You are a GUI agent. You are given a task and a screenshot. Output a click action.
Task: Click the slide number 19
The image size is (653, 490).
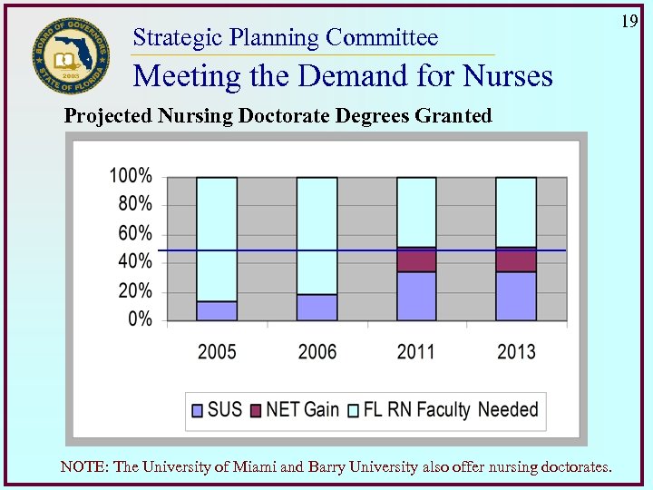630,20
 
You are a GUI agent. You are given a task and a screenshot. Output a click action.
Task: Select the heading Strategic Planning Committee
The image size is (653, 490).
285,37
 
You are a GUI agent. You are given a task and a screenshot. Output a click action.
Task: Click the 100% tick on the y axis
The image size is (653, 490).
132,175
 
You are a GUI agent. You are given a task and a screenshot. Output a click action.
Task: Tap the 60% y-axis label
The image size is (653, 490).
135,233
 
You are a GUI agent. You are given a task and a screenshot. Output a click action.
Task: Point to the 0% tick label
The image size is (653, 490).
140,319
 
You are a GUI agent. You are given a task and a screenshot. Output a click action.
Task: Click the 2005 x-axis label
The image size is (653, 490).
217,351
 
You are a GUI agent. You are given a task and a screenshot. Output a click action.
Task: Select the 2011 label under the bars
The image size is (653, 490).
416,351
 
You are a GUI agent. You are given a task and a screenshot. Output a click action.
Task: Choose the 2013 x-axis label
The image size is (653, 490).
516,351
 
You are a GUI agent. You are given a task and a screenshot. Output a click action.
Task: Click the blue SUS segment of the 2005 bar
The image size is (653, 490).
217,310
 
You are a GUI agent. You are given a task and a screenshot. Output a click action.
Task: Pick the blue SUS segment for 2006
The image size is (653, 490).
317,307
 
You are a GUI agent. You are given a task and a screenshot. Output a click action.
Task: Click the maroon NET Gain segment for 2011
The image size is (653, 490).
416,260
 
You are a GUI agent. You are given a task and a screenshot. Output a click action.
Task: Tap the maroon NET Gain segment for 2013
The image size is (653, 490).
516,260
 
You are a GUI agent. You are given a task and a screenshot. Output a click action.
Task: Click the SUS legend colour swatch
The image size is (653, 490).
197,410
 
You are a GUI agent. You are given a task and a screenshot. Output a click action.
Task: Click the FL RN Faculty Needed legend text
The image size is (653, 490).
451,409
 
